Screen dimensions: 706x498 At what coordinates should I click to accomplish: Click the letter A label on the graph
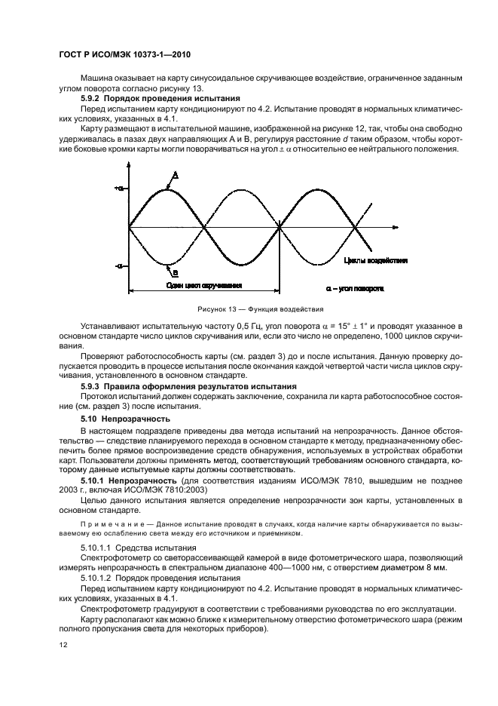pyautogui.click(x=174, y=175)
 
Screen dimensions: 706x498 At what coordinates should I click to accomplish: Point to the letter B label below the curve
pyautogui.click(x=175, y=272)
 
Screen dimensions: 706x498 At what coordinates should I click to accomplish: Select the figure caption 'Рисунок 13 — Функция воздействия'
pyautogui.click(x=249, y=309)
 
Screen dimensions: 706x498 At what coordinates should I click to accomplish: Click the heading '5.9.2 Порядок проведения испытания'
pyautogui.click(x=160, y=98)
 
